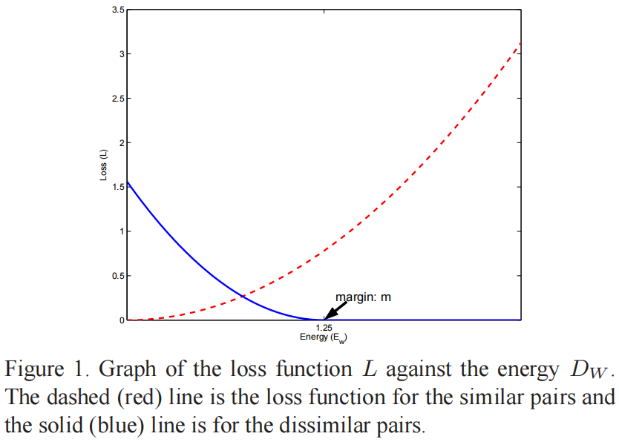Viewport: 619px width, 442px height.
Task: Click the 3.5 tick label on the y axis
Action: point(117,10)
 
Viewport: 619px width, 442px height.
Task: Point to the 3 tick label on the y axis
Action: point(120,54)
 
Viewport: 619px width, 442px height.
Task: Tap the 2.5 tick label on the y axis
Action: point(117,99)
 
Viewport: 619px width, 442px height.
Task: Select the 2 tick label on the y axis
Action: point(120,142)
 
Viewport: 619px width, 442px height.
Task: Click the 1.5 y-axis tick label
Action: point(117,187)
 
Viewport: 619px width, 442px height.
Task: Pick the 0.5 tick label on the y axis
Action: point(117,276)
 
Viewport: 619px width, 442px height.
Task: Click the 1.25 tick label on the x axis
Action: point(323,328)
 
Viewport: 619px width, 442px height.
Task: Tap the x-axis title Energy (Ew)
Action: point(323,337)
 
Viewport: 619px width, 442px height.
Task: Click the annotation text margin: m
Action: point(363,297)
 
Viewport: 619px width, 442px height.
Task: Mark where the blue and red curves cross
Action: point(243,297)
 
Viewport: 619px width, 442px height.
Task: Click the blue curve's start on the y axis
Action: point(128,181)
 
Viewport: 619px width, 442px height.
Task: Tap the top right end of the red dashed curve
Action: point(521,43)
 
